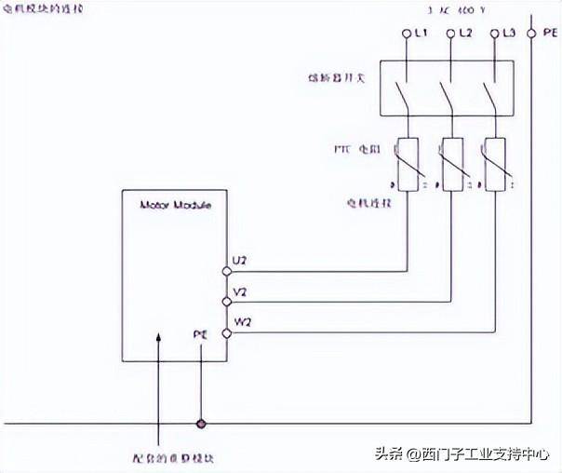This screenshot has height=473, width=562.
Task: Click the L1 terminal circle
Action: tap(407, 34)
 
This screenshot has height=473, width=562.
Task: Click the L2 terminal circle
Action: tap(451, 34)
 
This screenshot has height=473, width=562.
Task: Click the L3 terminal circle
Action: tap(493, 34)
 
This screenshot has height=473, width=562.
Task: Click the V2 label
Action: tap(240, 291)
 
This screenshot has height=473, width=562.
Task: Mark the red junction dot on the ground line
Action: tap(200, 425)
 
